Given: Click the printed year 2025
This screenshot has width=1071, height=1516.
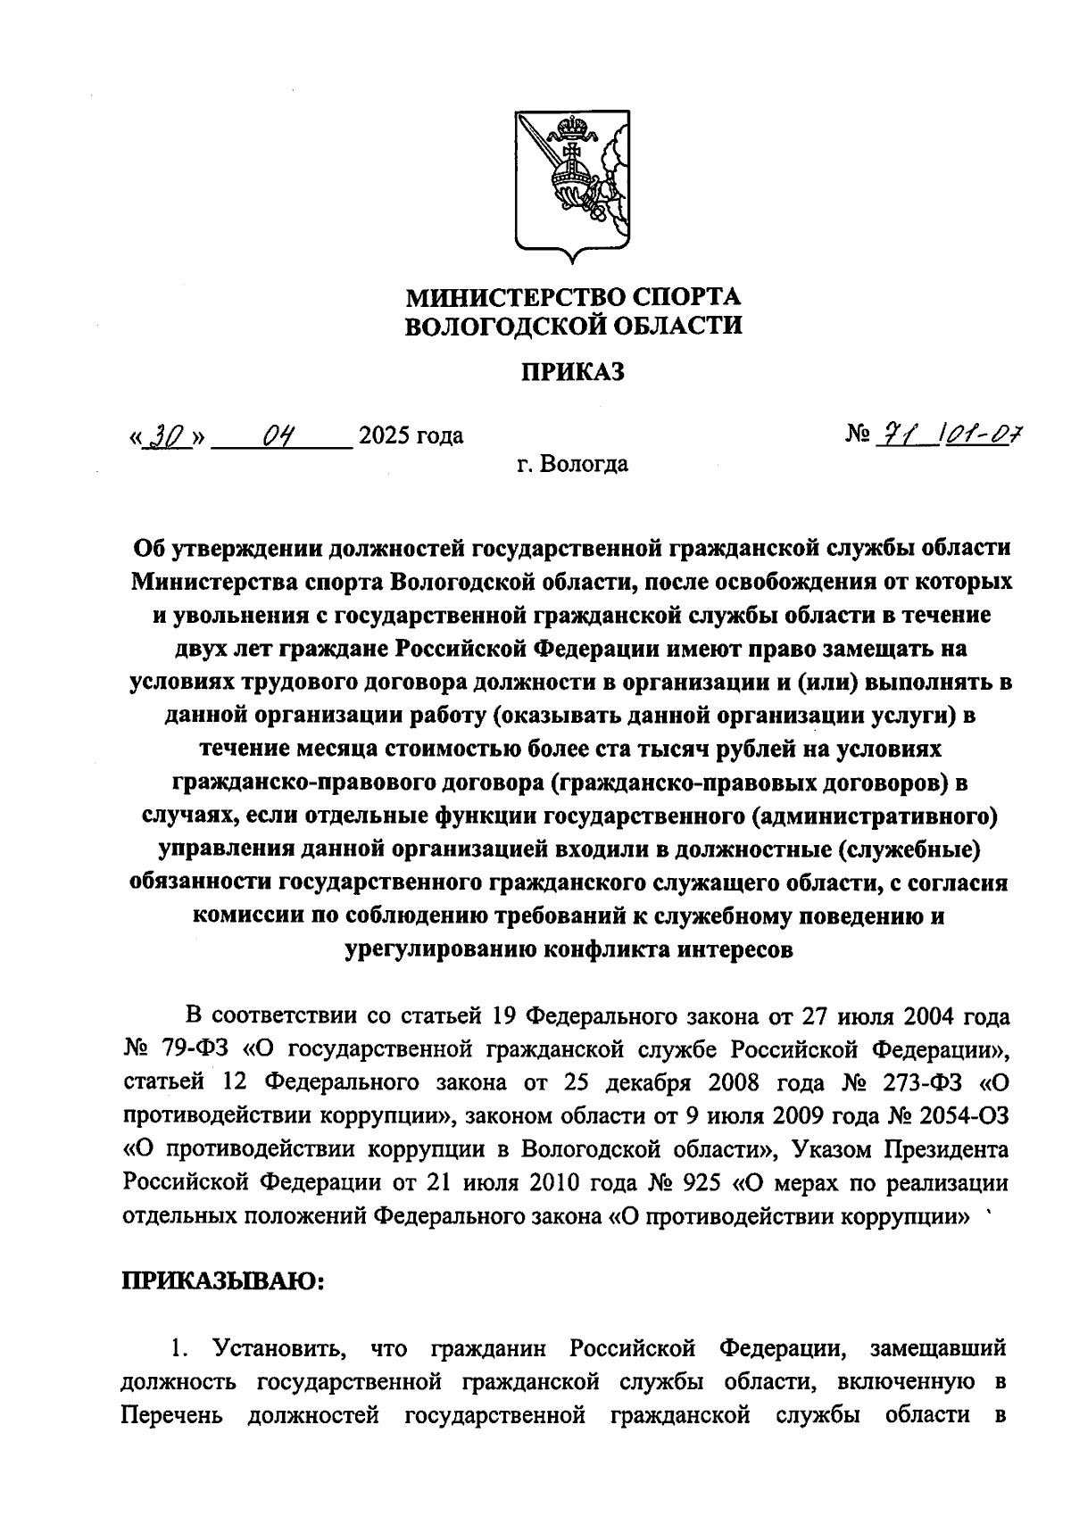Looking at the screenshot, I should (x=386, y=436).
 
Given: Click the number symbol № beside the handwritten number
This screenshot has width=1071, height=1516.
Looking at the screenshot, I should (x=858, y=435).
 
